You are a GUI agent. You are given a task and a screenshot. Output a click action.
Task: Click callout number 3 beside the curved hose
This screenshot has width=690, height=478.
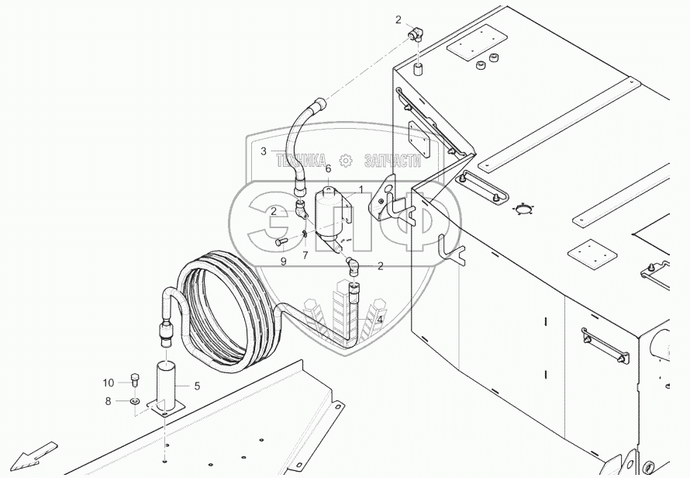pyautogui.click(x=264, y=151)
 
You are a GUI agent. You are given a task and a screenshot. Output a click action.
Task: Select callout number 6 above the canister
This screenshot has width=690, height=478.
pyautogui.click(x=328, y=169)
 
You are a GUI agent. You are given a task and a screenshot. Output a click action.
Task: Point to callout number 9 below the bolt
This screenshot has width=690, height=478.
pyautogui.click(x=283, y=262)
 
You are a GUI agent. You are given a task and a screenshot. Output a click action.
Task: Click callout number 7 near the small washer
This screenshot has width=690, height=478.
pyautogui.click(x=305, y=255)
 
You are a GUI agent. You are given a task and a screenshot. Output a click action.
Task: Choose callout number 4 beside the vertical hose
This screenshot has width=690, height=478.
pyautogui.click(x=380, y=319)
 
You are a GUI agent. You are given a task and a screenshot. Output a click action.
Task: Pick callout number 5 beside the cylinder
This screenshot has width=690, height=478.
pyautogui.click(x=196, y=386)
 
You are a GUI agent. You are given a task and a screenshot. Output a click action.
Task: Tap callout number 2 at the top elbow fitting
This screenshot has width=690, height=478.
pyautogui.click(x=398, y=19)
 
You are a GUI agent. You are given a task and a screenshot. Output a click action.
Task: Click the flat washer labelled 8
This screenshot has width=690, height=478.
pyautogui.click(x=135, y=402)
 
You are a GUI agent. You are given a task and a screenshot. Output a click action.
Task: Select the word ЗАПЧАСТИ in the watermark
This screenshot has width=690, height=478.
pyautogui.click(x=392, y=161)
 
